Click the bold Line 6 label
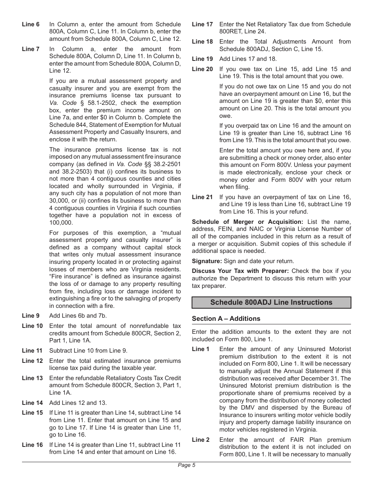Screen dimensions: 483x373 point(31,24)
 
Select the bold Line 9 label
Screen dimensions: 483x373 point(31,316)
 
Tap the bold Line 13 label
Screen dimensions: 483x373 point(32,378)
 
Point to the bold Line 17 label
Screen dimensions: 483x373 point(202,24)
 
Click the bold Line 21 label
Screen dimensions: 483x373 point(202,197)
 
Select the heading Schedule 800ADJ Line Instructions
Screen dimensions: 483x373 point(271,302)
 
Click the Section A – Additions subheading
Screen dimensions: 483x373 point(226,318)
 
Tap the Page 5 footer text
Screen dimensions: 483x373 point(186,465)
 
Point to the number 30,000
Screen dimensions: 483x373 point(60,201)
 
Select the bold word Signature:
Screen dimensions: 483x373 point(207,261)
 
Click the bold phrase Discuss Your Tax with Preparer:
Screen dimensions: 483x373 point(240,271)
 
